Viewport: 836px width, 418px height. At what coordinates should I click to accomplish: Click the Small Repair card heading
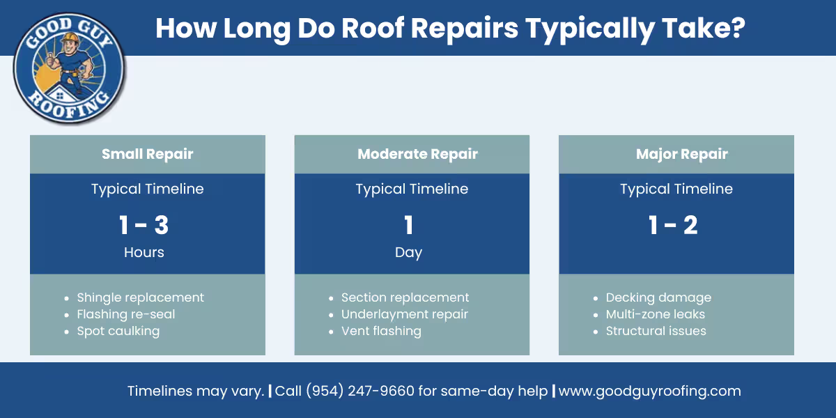point(147,154)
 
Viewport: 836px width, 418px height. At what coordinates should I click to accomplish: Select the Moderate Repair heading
point(417,154)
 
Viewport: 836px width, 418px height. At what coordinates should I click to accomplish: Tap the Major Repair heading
point(681,154)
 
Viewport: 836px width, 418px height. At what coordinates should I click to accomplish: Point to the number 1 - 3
point(144,225)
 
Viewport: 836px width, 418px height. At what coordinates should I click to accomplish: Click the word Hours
point(144,252)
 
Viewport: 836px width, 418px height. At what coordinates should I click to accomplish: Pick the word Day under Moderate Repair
point(408,252)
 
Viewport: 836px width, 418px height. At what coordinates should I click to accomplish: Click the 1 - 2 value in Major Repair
point(672,225)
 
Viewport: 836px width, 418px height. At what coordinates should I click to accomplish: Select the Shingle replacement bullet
point(140,297)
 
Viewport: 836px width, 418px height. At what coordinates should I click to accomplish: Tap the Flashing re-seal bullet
point(126,314)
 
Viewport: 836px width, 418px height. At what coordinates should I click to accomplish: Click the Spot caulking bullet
point(118,331)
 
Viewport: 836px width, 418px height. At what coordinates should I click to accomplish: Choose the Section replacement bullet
point(405,297)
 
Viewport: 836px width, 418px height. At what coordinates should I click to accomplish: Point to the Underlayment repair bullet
point(404,314)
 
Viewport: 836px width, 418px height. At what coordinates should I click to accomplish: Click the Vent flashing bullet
point(381,331)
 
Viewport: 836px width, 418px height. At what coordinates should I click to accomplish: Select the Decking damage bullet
point(658,297)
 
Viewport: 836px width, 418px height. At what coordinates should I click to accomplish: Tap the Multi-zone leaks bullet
point(655,314)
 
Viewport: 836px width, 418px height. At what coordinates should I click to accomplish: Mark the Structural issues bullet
point(656,331)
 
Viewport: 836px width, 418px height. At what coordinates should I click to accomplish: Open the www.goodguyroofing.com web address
point(649,391)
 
